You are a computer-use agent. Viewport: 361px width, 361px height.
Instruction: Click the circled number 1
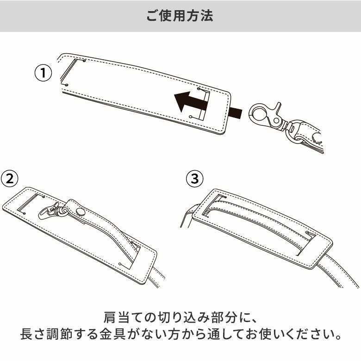point(43,73)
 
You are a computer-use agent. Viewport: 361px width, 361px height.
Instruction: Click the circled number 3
point(194,179)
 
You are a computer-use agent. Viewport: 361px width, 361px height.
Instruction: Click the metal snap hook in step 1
point(266,116)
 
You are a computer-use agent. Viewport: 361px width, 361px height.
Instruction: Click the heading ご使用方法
point(180,16)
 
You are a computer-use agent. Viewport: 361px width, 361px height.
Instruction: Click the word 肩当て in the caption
point(123,319)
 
